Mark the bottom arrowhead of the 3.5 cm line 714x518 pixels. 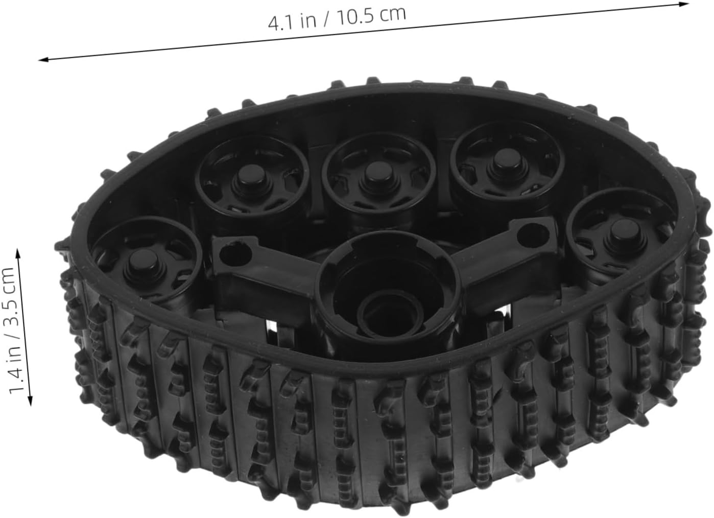pos(30,401)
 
